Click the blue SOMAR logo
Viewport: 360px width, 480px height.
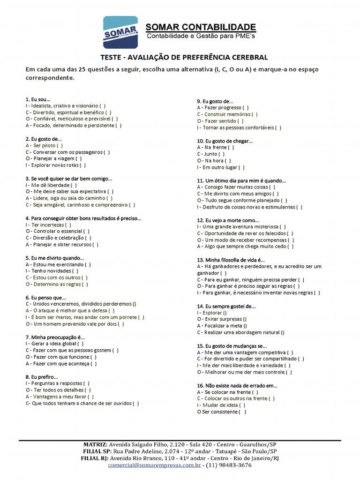tap(120, 32)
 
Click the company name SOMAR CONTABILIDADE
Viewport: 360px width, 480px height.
tap(201, 27)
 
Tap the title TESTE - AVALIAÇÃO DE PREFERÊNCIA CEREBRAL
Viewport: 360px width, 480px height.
tap(184, 58)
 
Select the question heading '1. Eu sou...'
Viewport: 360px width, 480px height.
tap(38, 99)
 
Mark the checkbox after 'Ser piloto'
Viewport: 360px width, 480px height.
tap(60, 145)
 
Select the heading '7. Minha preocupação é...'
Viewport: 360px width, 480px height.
tap(55, 337)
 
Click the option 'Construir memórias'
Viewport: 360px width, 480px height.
tap(225, 114)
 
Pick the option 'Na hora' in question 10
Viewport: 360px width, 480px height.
tap(215, 161)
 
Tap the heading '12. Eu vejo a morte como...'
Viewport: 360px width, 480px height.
tap(228, 220)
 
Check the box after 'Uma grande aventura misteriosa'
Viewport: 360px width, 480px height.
tap(283, 226)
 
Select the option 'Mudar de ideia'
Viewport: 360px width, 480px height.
tap(218, 405)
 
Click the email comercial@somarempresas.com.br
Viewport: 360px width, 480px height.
tap(155, 465)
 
